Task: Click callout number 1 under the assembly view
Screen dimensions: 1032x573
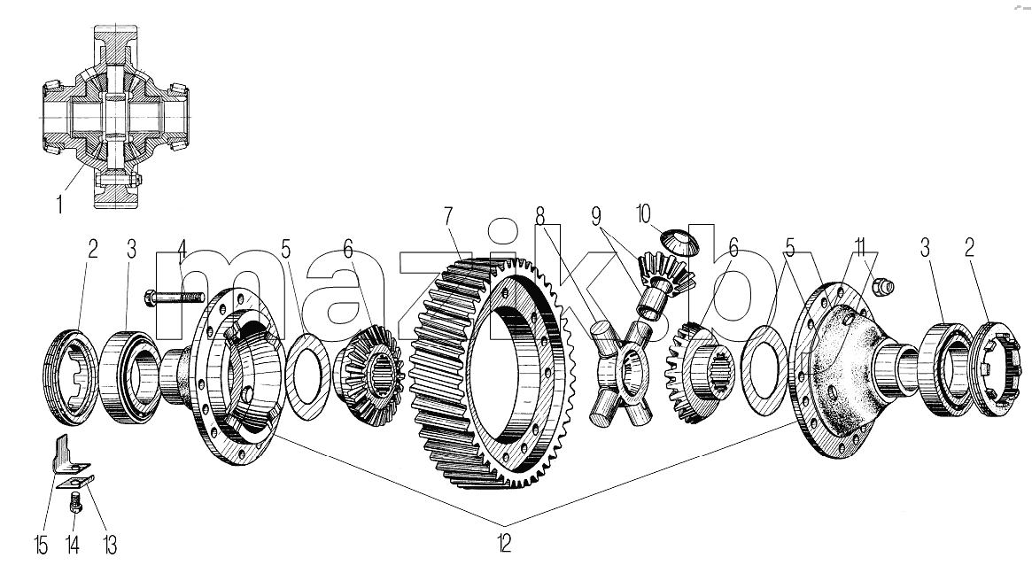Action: (59, 205)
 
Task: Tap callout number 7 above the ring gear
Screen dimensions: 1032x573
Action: (448, 217)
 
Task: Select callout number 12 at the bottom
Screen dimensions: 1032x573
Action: (503, 544)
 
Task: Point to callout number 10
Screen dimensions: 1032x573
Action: (643, 214)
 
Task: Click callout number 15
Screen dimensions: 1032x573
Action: (42, 546)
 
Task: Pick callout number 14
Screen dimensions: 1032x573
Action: (73, 546)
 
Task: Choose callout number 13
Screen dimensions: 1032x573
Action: (109, 546)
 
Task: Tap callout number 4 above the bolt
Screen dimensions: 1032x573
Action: (182, 250)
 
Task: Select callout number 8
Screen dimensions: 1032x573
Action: (540, 216)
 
